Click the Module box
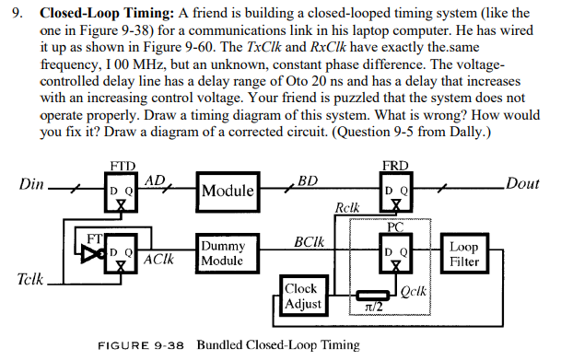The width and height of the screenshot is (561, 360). tap(228, 192)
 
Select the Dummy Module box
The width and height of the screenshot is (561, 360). tap(223, 253)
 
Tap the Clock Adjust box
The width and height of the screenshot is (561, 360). tap(303, 295)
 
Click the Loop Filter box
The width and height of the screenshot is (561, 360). tap(463, 253)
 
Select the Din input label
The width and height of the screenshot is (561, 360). tap(32, 184)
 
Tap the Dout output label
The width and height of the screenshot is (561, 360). tap(522, 183)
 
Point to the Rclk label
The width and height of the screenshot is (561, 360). tap(348, 210)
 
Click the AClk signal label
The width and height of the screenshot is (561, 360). tap(158, 261)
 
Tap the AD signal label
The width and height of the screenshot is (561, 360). tap(156, 180)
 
